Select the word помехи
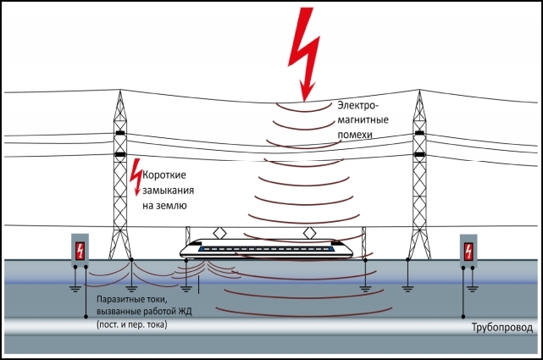pyautogui.click(x=357, y=136)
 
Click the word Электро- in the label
pyautogui.click(x=361, y=106)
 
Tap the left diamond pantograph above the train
pyautogui.click(x=220, y=230)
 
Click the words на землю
pyautogui.click(x=164, y=205)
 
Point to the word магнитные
pyautogui.click(x=363, y=121)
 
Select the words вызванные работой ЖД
pyautogui.click(x=145, y=313)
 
